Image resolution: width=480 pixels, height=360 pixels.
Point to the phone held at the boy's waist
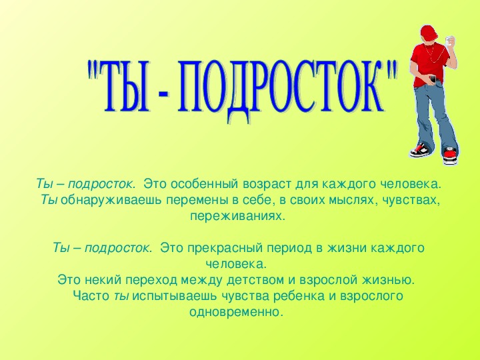433,79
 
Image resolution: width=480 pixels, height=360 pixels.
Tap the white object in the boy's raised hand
449,41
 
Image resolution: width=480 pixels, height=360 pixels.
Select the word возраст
267,185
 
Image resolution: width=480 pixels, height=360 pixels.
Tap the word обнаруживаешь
111,201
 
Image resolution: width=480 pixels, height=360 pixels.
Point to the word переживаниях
237,217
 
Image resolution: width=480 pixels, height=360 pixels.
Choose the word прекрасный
225,248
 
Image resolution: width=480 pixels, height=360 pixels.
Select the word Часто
91,296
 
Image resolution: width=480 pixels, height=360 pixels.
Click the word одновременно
235,313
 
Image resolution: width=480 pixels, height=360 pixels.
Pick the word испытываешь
175,297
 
